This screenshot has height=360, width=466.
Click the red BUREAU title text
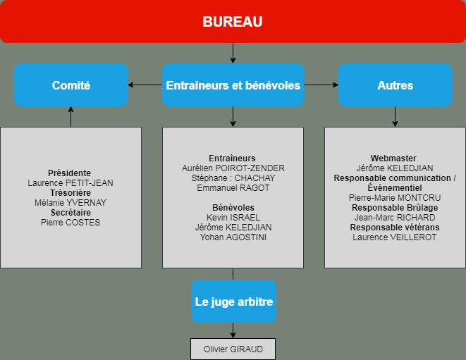pos(233,22)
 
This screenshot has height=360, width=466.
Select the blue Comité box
pos(70,85)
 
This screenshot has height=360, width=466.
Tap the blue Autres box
pos(395,85)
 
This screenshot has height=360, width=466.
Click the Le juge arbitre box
pos(233,302)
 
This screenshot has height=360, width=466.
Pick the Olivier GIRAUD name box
pos(233,349)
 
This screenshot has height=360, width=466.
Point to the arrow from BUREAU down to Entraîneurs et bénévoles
pos(233,53)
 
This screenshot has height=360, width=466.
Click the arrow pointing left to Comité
pos(145,85)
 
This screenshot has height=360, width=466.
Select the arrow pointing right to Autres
pos(321,85)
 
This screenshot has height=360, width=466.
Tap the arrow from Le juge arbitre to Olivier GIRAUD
pos(233,330)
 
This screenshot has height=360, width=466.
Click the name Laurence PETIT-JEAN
pos(70,183)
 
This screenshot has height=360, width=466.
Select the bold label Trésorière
pos(70,193)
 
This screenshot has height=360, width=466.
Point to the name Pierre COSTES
pos(70,223)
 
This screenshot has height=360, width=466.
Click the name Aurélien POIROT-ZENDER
pos(233,168)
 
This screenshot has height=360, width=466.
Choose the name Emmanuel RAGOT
pos(233,188)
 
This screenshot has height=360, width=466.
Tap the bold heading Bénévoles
pos(233,208)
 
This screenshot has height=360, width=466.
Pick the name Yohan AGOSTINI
pos(233,237)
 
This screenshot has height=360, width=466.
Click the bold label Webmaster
pos(393,159)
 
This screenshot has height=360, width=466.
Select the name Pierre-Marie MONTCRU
pos(395,198)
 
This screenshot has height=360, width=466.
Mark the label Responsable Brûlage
pos(395,208)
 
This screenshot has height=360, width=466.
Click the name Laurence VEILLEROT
pos(395,237)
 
